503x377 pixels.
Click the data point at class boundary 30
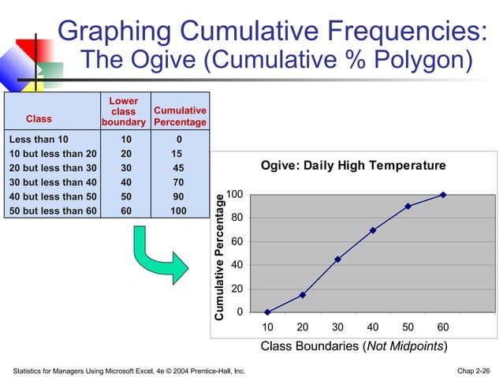click(337, 259)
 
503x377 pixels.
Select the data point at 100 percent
click(443, 195)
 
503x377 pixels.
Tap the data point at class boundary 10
click(267, 312)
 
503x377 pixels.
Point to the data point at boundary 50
click(408, 207)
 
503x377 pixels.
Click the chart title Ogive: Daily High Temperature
click(353, 166)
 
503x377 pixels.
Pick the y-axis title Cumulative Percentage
click(220, 256)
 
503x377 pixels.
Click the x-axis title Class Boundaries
click(354, 346)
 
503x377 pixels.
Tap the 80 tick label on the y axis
click(236, 218)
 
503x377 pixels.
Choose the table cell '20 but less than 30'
click(52, 168)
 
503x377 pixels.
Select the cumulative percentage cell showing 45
click(180, 168)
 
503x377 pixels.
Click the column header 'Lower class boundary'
click(124, 111)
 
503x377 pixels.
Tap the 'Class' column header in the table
click(39, 119)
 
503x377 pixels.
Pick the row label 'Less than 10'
click(39, 139)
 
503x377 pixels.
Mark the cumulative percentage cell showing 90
click(180, 196)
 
